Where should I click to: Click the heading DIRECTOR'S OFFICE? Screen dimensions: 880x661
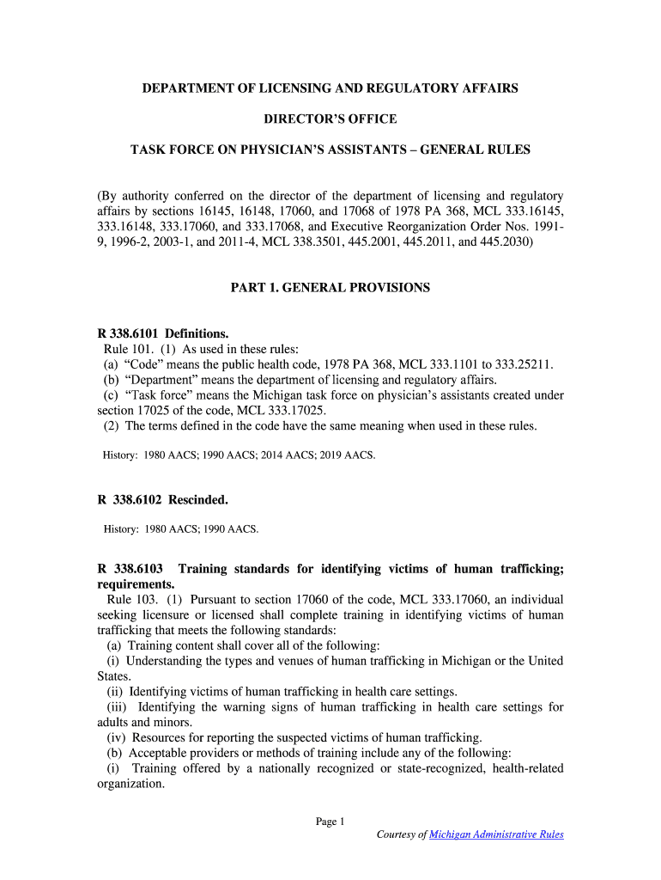[330, 119]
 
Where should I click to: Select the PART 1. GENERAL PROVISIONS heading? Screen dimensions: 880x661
[330, 288]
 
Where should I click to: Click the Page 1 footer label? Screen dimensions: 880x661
[330, 822]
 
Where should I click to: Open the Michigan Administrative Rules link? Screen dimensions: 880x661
[496, 834]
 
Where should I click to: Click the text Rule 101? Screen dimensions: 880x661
[126, 349]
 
